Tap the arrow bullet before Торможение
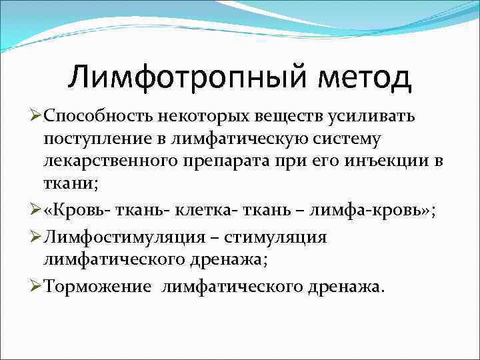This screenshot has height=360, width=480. (37, 287)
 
